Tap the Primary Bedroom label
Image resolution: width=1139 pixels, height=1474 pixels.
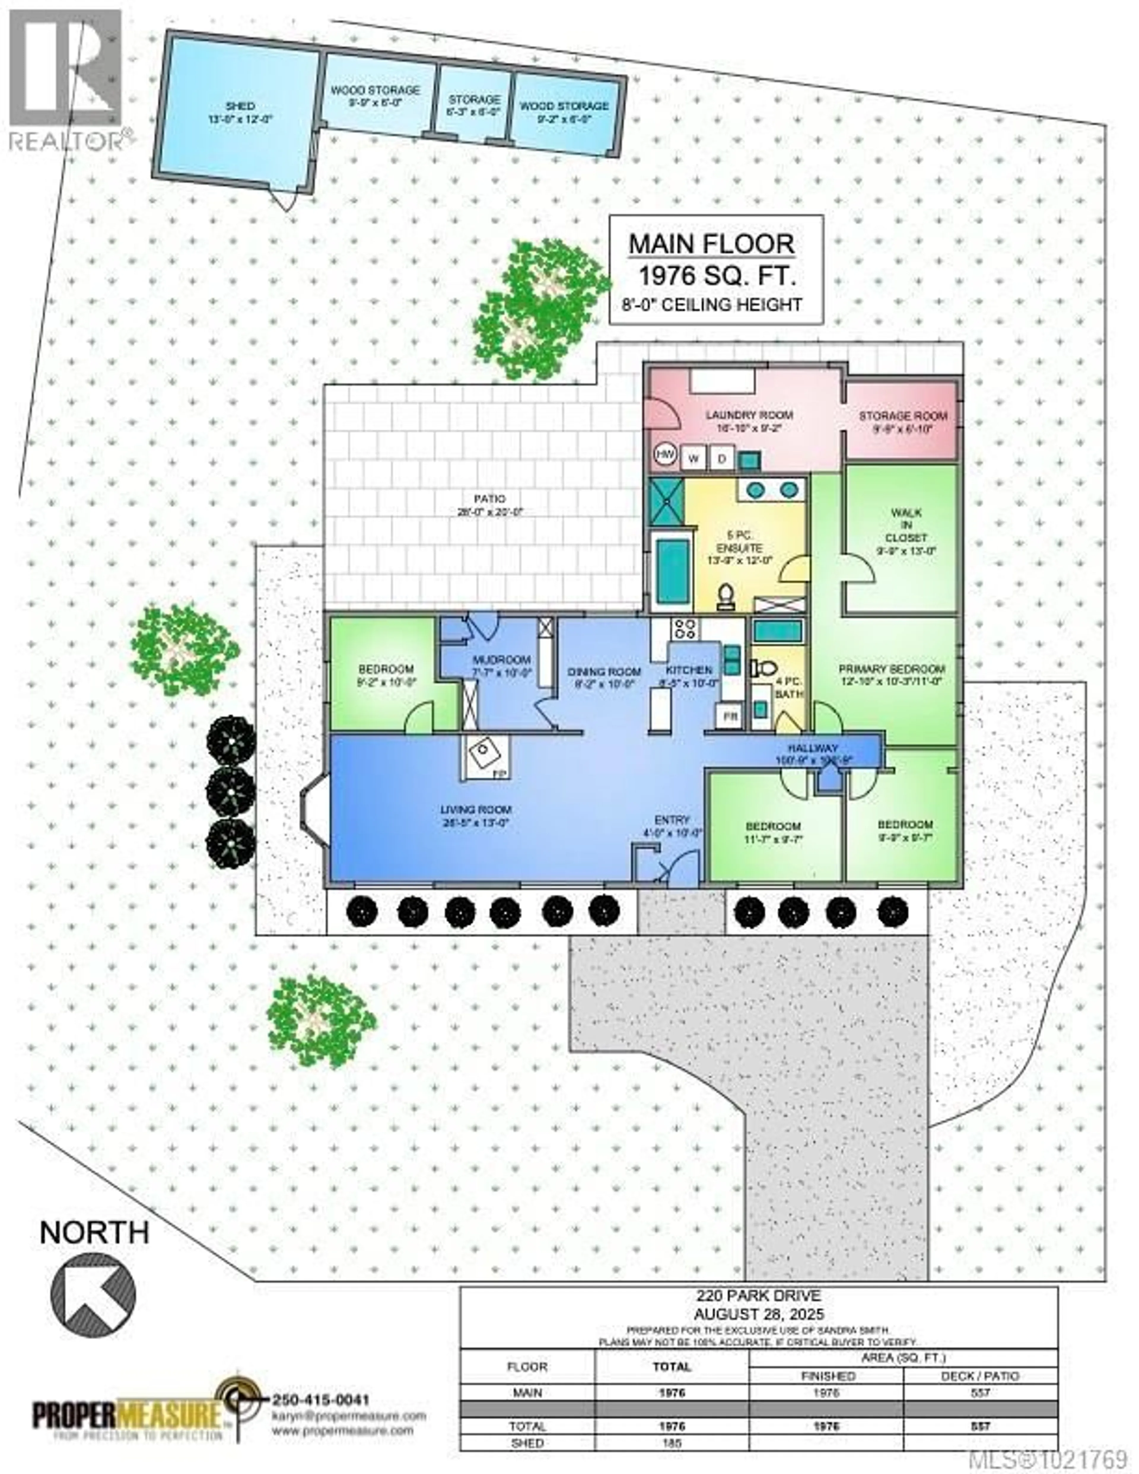(x=891, y=669)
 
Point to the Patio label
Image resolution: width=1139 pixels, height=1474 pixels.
(x=490, y=499)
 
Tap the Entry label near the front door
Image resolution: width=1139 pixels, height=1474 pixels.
(x=672, y=820)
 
